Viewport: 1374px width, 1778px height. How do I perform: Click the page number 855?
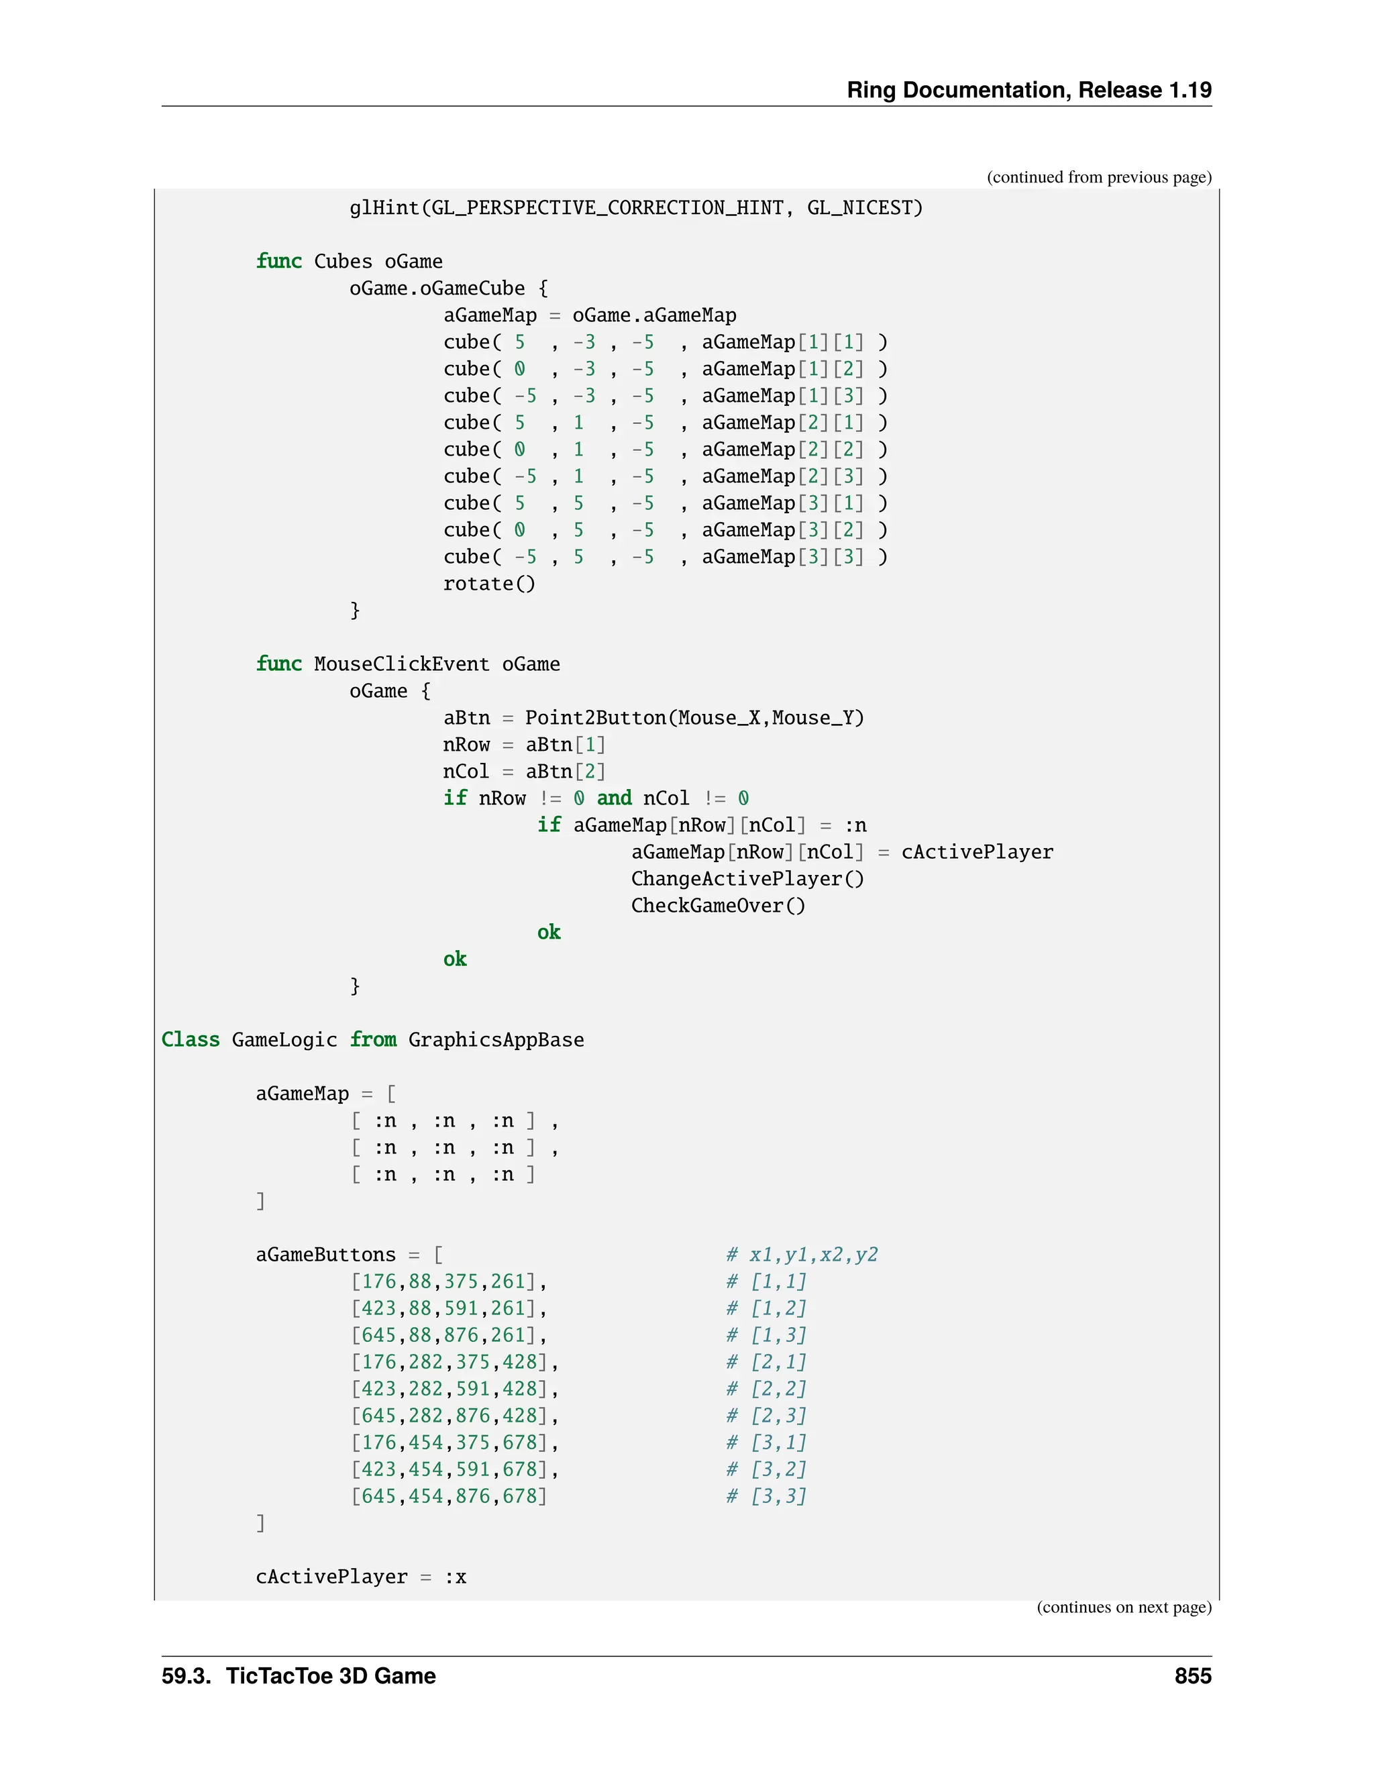coord(1192,1675)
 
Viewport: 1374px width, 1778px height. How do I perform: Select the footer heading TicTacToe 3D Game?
coord(331,1675)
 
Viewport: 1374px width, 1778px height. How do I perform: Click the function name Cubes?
coord(343,261)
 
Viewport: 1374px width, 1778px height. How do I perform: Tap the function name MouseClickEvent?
coord(401,664)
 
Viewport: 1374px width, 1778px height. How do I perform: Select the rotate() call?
coord(489,584)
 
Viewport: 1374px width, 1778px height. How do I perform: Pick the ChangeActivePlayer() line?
coord(747,878)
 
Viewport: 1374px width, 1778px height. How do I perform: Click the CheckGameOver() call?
coord(718,905)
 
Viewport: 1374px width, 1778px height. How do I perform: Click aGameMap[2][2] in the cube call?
coord(782,450)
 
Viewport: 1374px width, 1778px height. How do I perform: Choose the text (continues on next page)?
coord(1123,1607)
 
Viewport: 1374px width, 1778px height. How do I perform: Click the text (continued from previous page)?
coord(1099,178)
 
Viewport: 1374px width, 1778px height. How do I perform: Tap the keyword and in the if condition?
coord(614,798)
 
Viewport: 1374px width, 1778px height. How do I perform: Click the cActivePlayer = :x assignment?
coord(360,1577)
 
